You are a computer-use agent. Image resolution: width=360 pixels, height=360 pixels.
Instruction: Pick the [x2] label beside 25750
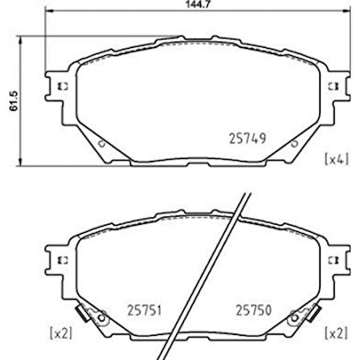pos(335,331)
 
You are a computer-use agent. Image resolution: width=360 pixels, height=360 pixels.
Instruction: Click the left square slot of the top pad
pos(65,84)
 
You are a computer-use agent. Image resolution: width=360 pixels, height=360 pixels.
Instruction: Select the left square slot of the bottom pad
pos(65,261)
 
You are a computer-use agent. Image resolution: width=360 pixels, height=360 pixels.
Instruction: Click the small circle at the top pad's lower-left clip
pos(100,142)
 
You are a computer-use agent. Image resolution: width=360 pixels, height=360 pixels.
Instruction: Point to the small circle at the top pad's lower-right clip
pos(294,142)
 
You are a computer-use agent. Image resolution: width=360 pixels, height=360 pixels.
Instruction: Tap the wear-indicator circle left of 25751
pos(102,320)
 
